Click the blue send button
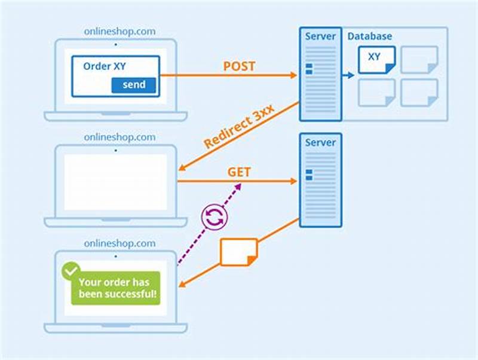click(133, 85)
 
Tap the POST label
click(239, 66)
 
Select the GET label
click(239, 172)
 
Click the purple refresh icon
click(214, 217)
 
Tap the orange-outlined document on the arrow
click(238, 252)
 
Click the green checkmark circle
click(70, 270)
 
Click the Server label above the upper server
click(320, 36)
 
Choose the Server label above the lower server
click(320, 143)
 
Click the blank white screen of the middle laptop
click(115, 182)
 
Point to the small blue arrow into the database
click(348, 75)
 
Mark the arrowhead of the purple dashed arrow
click(238, 187)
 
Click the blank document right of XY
click(419, 59)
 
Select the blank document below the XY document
click(376, 93)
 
